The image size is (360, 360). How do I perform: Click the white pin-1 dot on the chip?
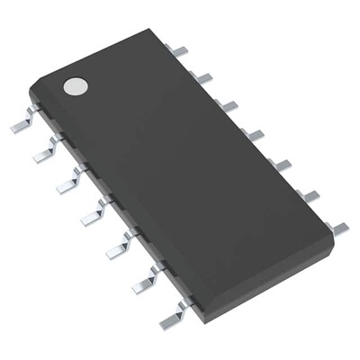[76, 86]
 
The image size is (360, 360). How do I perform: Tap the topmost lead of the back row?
[180, 51]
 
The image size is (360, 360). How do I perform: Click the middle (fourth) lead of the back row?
[255, 134]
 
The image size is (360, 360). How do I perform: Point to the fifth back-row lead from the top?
[282, 165]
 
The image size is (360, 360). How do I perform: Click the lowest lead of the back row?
[338, 228]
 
